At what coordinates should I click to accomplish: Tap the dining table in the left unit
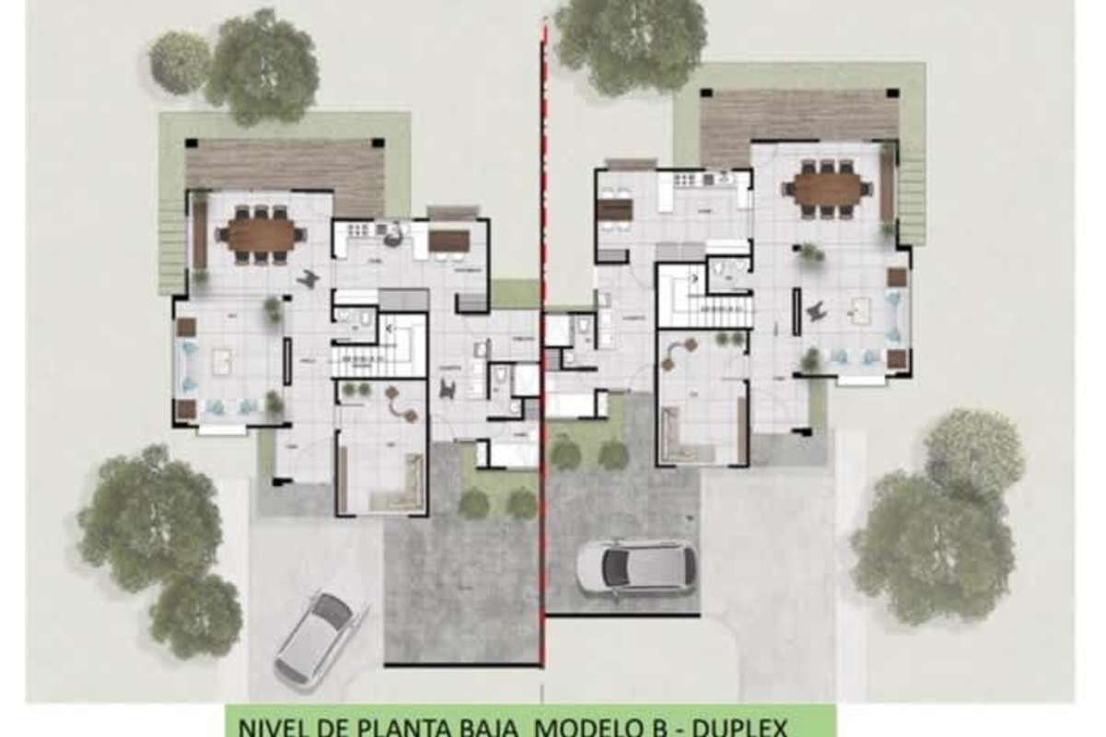coord(262,234)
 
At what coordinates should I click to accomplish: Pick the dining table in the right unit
coord(826,189)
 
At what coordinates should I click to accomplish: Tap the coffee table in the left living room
coord(222,362)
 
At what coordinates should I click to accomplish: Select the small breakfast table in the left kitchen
coord(449,241)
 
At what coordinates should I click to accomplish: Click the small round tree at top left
coord(179,62)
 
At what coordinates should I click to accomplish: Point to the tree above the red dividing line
coord(630,41)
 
